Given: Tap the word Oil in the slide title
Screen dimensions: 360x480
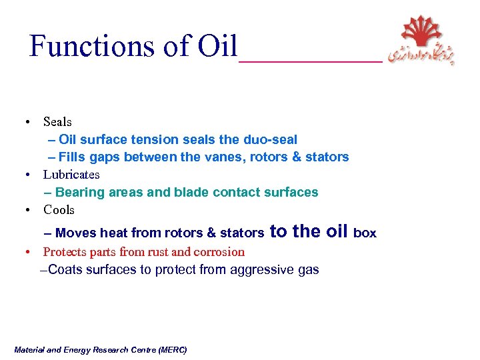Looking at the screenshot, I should tap(217, 46).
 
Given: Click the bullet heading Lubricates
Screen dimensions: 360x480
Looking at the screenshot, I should tap(71, 175).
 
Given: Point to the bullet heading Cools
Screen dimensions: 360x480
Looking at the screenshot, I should tap(59, 210).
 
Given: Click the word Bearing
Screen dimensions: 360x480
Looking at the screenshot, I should tap(80, 193).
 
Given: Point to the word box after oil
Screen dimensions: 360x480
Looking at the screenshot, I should tap(365, 233).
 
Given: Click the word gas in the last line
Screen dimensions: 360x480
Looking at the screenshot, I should tap(308, 270).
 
